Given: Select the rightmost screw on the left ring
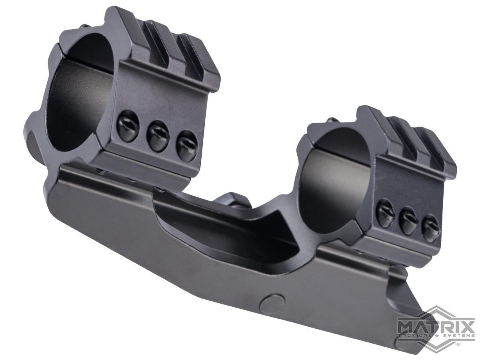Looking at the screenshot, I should pyautogui.click(x=187, y=144).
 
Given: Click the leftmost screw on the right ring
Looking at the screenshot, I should pyautogui.click(x=386, y=214).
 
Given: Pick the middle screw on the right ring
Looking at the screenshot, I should pyautogui.click(x=409, y=221).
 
